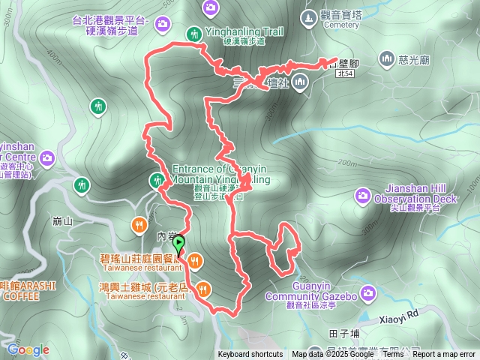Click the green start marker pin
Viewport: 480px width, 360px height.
178,244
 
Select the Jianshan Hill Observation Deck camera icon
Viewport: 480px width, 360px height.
363,196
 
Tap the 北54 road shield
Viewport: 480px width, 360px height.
344,74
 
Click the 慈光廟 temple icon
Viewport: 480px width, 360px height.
387,58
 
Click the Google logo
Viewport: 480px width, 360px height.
28,349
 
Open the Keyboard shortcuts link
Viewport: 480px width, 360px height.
250,355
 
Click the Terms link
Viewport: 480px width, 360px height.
393,355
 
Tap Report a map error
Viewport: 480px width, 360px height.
444,355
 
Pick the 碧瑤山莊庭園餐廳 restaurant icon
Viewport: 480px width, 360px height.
195,259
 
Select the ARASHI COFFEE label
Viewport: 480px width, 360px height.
22,291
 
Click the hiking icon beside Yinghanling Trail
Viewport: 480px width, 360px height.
194,34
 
